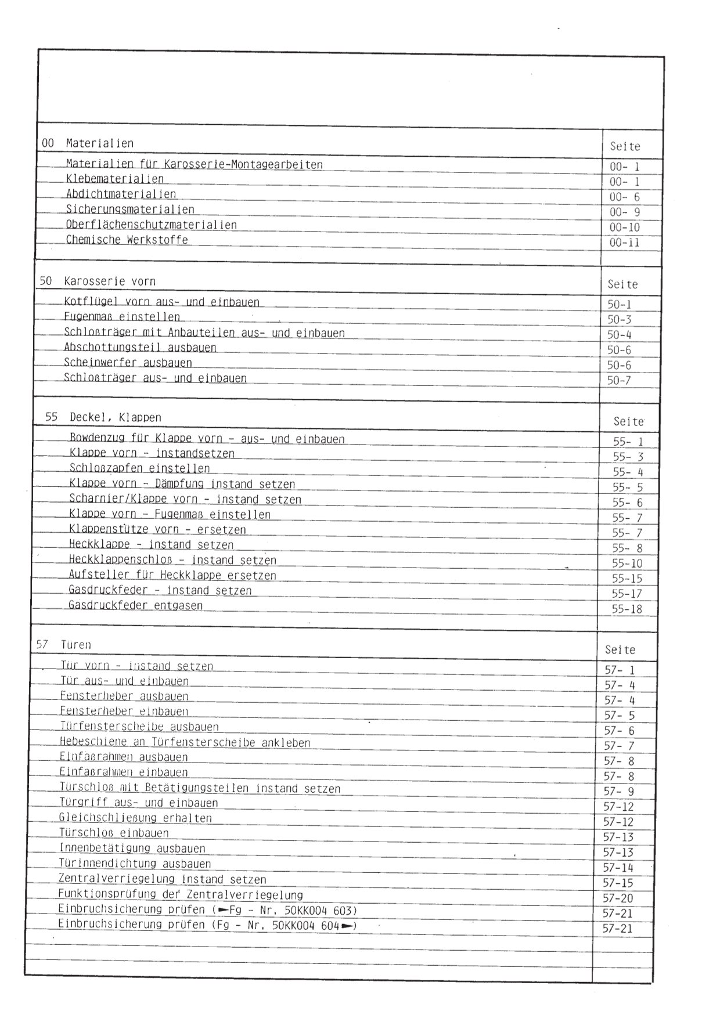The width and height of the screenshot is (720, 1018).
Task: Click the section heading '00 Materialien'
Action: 88,143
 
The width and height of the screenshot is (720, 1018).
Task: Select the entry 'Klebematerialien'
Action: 115,179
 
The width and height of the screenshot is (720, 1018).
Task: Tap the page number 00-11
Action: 625,243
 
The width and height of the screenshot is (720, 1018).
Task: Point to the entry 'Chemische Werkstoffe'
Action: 127,240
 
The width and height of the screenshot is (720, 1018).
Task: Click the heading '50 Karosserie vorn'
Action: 98,281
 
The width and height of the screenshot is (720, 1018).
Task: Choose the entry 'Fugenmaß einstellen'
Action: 122,317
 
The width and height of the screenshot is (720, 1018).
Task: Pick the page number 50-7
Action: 619,381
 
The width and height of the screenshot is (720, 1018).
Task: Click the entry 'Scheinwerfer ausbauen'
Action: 128,363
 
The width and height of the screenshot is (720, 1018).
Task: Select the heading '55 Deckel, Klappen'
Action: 103,418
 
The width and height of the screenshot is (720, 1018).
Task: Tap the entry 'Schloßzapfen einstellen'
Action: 139,468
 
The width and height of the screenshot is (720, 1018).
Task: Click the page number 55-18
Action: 627,609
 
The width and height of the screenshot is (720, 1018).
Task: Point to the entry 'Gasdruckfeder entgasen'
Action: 136,606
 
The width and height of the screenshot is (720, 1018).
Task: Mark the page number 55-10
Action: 627,564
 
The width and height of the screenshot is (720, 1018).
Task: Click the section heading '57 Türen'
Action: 63,645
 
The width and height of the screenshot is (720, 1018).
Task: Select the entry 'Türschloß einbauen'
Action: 114,833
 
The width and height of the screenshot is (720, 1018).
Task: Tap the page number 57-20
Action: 618,898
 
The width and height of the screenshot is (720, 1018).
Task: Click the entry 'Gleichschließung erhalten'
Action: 135,818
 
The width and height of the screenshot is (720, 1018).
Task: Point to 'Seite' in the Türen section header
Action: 620,650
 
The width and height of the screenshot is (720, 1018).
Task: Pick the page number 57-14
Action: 618,868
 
